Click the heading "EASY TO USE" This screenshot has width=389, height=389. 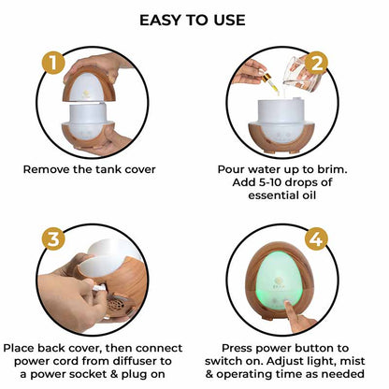pyautogui.click(x=193, y=20)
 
